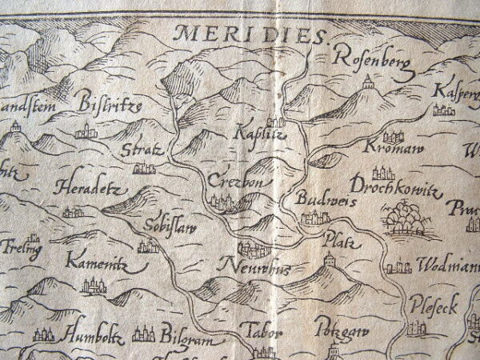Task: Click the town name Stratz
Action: (143, 150)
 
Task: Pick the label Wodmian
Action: (447, 265)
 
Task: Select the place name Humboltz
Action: (94, 329)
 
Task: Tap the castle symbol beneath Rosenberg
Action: (368, 81)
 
